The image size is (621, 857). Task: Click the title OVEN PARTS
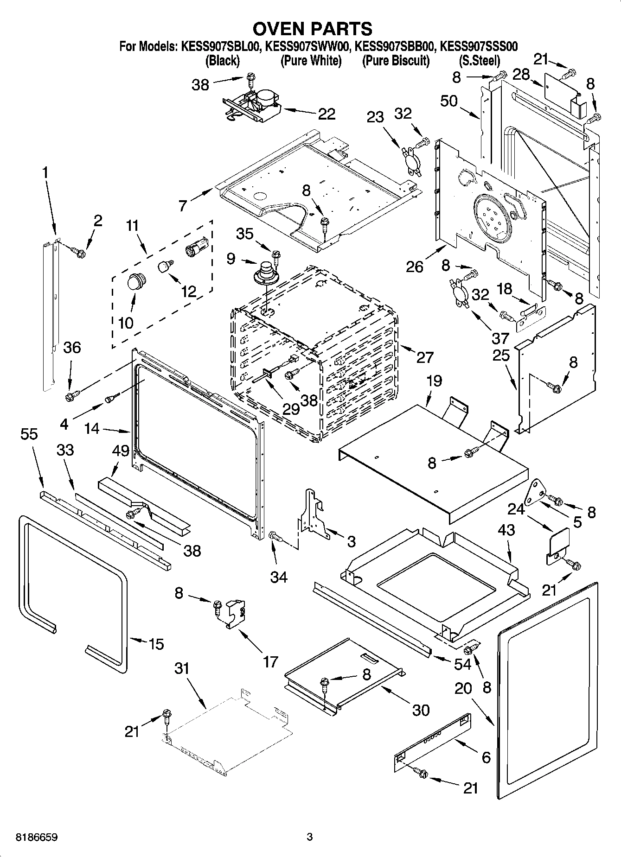(312, 29)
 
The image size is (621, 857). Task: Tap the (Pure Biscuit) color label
(395, 61)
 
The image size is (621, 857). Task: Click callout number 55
(29, 434)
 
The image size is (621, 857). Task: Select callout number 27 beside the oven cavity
(424, 357)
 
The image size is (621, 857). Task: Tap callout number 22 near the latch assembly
(327, 114)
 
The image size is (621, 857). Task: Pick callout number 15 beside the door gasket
(156, 644)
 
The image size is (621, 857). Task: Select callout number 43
(506, 530)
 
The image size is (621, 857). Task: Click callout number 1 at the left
(45, 173)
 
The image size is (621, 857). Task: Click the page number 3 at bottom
(310, 837)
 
